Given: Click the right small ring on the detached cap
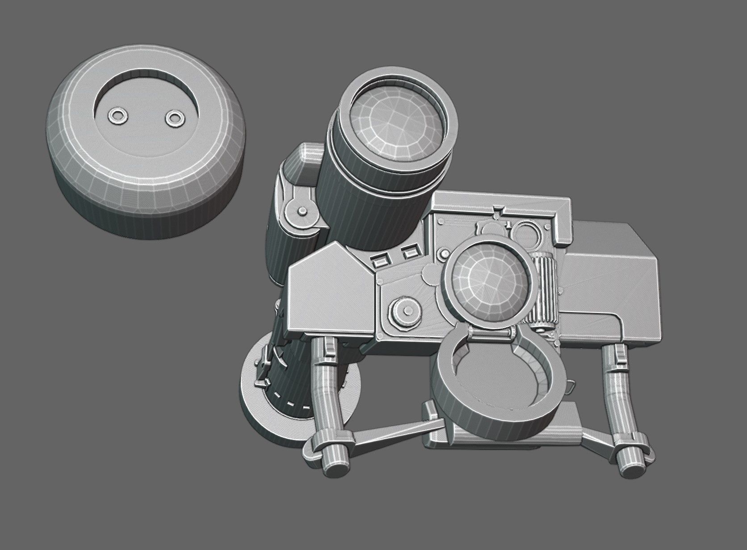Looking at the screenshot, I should [174, 118].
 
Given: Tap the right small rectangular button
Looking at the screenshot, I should [408, 253].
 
